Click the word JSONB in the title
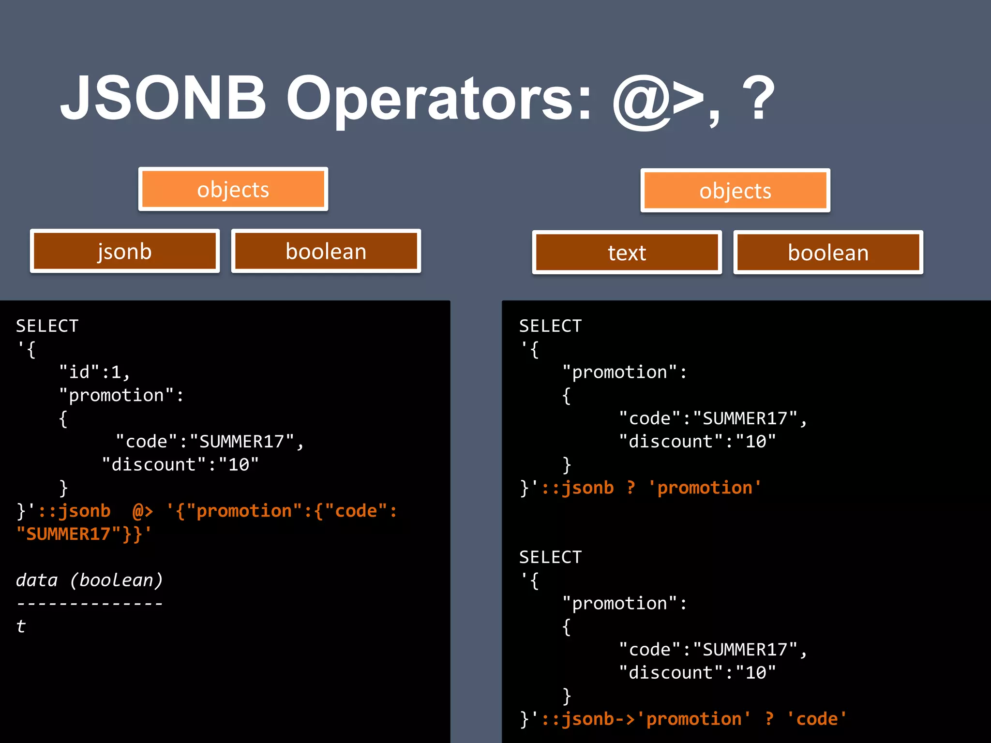[164, 98]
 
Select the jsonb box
[125, 251]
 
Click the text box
[627, 253]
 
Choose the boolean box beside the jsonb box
[326, 251]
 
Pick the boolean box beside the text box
[828, 253]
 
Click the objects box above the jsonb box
[233, 189]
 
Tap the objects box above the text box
[735, 191]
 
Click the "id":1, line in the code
[94, 372]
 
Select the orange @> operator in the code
[143, 511]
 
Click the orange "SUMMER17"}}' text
[84, 534]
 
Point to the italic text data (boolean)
[90, 580]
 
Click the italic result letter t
[21, 626]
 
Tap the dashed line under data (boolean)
[90, 604]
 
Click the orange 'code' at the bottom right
[817, 719]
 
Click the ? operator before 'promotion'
[631, 488]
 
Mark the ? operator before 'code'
[769, 719]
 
